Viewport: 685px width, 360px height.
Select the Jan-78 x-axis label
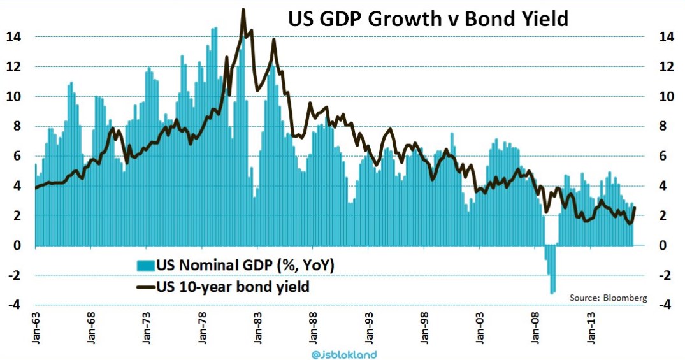203,331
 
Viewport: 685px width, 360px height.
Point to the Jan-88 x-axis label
314,331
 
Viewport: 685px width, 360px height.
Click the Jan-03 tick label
482,331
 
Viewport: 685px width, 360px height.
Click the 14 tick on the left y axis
13,37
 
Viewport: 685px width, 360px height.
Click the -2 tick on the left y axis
13,275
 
